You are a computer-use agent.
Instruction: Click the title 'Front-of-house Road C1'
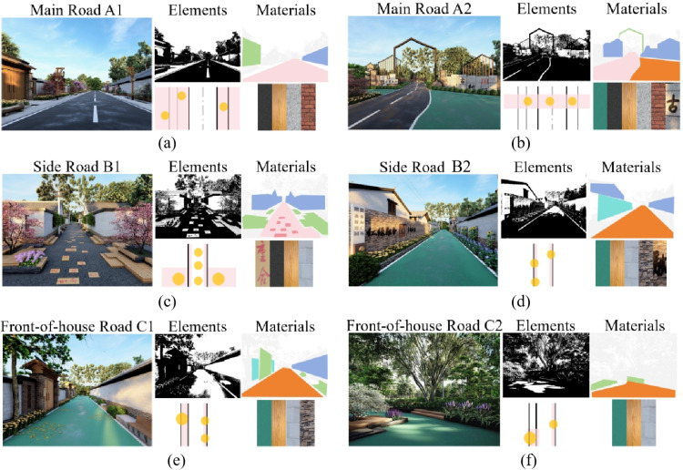[x=76, y=324]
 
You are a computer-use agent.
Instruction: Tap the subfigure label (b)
[x=521, y=144]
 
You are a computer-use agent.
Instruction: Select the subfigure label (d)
[x=521, y=301]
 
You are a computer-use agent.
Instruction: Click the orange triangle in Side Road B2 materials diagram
[x=636, y=222]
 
